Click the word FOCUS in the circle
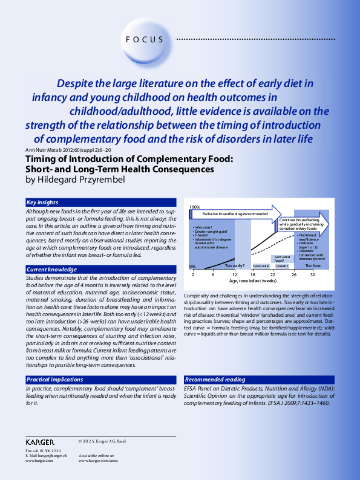coord(145,40)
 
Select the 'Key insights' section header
coord(42,202)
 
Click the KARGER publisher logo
coord(40,442)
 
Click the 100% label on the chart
coord(195,207)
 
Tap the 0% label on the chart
coord(192,265)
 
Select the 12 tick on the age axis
coord(234,274)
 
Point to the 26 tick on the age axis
coord(293,274)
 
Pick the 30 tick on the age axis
coord(313,274)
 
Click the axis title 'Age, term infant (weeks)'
coord(253,281)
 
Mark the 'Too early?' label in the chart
coord(234,265)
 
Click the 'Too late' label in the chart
coord(313,265)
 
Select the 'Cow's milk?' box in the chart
coord(261,266)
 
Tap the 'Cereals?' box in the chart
coord(282,266)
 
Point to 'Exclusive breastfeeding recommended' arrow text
coord(235,214)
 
